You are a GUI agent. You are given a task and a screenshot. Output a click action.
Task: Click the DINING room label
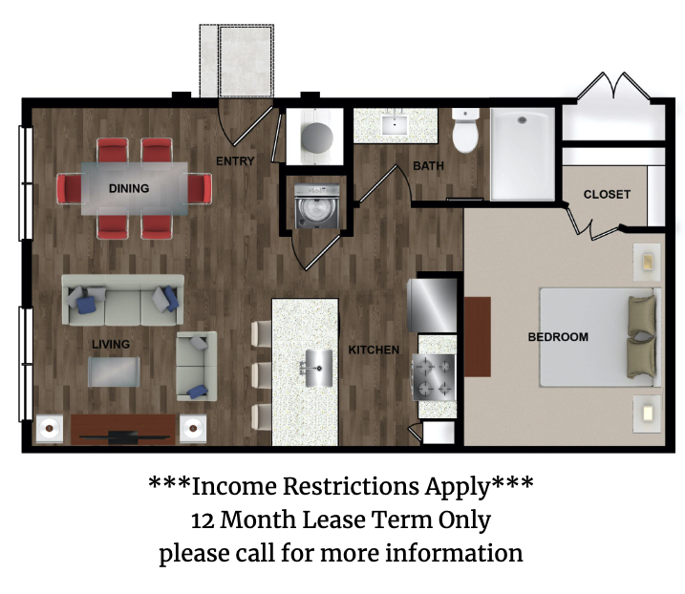pos(129,188)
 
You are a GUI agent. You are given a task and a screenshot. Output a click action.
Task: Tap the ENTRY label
pos(235,161)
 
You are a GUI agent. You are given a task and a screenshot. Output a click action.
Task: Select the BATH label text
pos(428,166)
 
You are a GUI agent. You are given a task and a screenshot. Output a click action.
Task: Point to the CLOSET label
pos(607,195)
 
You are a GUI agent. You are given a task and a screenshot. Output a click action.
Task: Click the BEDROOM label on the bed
pos(558,337)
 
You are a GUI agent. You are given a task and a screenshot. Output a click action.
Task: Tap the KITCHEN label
pos(374,350)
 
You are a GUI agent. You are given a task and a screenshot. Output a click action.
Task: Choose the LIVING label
pos(111,344)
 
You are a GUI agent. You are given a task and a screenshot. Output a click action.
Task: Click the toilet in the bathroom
pos(465,130)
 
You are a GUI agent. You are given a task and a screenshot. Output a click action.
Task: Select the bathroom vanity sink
pos(395,124)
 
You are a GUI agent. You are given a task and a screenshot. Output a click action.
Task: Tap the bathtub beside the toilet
pos(523,154)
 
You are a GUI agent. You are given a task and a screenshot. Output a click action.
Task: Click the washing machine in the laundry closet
pos(317,206)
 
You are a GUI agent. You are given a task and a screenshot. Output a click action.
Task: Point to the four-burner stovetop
pos(434,378)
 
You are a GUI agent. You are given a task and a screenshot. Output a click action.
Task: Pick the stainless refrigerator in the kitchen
pos(432,306)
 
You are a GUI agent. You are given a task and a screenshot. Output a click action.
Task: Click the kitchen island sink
pos(318,369)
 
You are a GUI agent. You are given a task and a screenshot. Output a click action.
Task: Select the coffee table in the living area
pos(114,371)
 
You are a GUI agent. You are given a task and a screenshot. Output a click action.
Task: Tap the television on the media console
pos(122,435)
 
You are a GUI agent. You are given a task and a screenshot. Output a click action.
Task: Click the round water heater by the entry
pos(317,138)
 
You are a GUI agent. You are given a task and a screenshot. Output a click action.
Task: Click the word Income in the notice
pos(234,486)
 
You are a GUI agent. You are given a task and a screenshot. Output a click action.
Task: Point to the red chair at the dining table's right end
pos(200,188)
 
